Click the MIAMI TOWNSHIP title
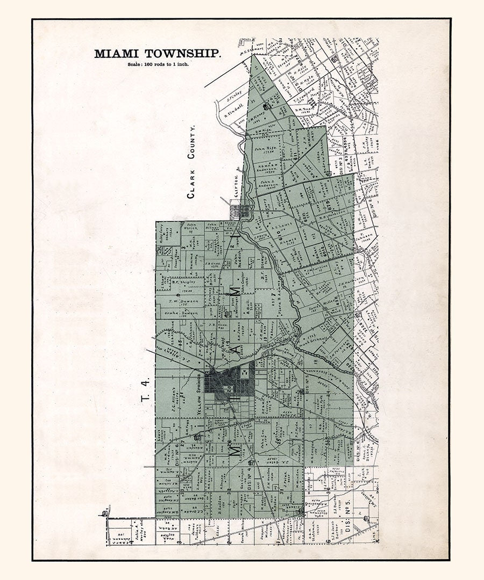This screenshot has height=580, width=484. [157, 54]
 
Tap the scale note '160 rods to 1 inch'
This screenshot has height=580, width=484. [158, 64]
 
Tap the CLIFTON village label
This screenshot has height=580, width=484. [234, 185]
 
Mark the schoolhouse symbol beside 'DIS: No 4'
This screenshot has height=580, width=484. [251, 462]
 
